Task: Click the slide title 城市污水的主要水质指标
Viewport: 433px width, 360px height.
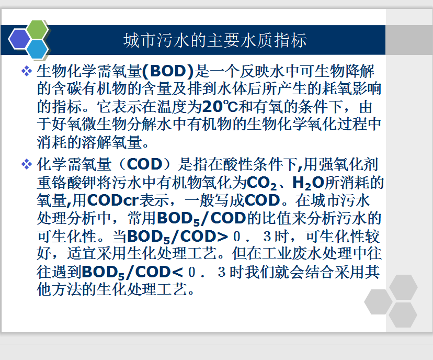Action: tap(215, 40)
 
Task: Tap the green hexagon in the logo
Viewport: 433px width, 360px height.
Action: tap(37, 29)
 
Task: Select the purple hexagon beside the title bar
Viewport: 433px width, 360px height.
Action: tap(19, 39)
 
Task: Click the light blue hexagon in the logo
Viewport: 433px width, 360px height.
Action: tap(38, 50)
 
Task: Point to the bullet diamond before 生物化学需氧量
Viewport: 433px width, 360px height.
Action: tap(27, 71)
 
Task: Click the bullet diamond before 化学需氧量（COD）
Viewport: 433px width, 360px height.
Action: tap(27, 164)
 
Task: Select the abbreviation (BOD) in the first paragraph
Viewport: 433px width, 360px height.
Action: tap(168, 71)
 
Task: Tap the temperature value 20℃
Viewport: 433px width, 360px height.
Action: tap(220, 106)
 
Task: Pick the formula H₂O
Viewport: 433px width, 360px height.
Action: tap(308, 183)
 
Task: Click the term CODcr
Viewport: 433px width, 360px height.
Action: tap(112, 200)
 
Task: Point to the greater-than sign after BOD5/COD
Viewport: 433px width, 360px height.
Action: tap(222, 237)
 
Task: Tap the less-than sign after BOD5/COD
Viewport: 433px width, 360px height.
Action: tap(177, 273)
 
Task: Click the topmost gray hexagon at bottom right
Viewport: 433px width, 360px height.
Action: tap(403, 287)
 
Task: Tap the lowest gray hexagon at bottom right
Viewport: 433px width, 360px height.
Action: tap(403, 315)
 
